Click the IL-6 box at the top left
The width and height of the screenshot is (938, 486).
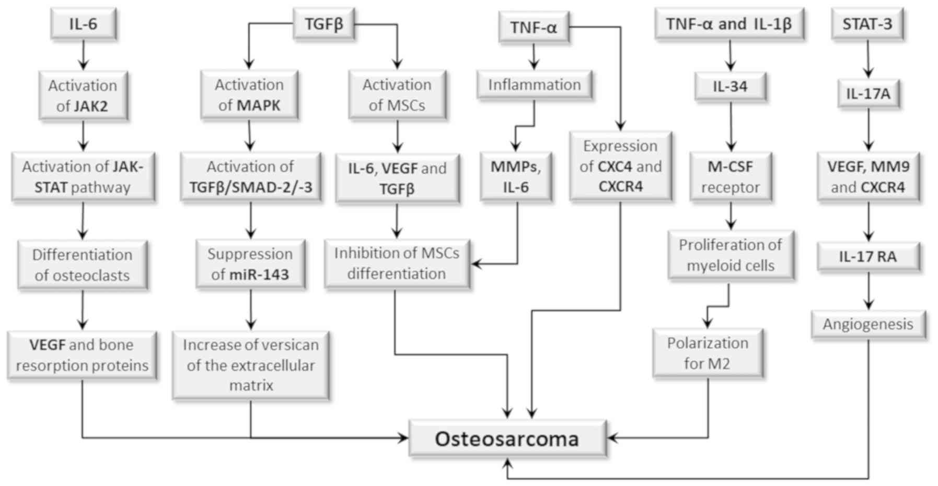point(83,24)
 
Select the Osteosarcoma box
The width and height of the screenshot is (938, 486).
point(507,439)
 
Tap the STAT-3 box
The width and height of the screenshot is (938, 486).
point(867,24)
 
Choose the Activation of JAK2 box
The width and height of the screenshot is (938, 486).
point(83,96)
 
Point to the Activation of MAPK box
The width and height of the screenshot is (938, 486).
point(249,95)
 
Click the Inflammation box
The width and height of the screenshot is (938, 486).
point(534,85)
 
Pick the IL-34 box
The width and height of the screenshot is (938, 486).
point(730,87)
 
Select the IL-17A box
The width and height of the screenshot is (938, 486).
point(868,94)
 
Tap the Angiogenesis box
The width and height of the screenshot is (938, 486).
point(868,324)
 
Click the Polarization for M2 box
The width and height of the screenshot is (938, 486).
point(708,353)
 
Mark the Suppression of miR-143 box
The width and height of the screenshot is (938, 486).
point(250,264)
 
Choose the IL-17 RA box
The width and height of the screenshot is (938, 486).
point(868,257)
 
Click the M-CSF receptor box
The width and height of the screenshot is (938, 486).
point(730,176)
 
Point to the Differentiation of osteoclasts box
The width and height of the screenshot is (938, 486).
point(83,265)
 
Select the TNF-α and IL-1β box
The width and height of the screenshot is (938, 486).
point(729,24)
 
